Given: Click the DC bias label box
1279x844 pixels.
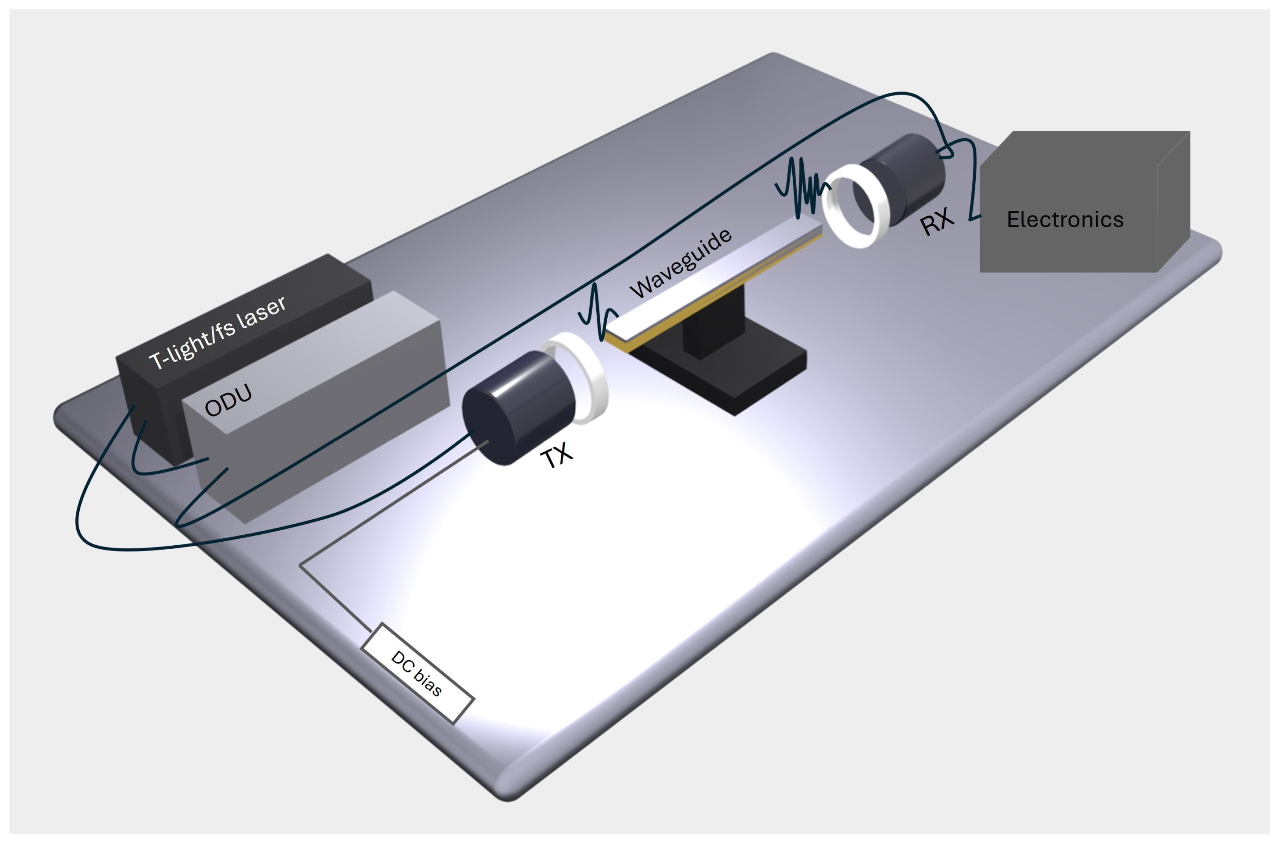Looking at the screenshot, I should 417,674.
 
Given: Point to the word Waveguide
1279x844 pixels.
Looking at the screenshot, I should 681,264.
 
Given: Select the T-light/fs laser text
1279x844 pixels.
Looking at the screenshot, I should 217,332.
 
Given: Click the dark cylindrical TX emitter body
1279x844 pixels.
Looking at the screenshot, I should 517,409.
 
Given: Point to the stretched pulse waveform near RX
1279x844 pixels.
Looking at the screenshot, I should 803,186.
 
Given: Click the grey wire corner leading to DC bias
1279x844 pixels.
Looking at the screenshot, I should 301,565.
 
